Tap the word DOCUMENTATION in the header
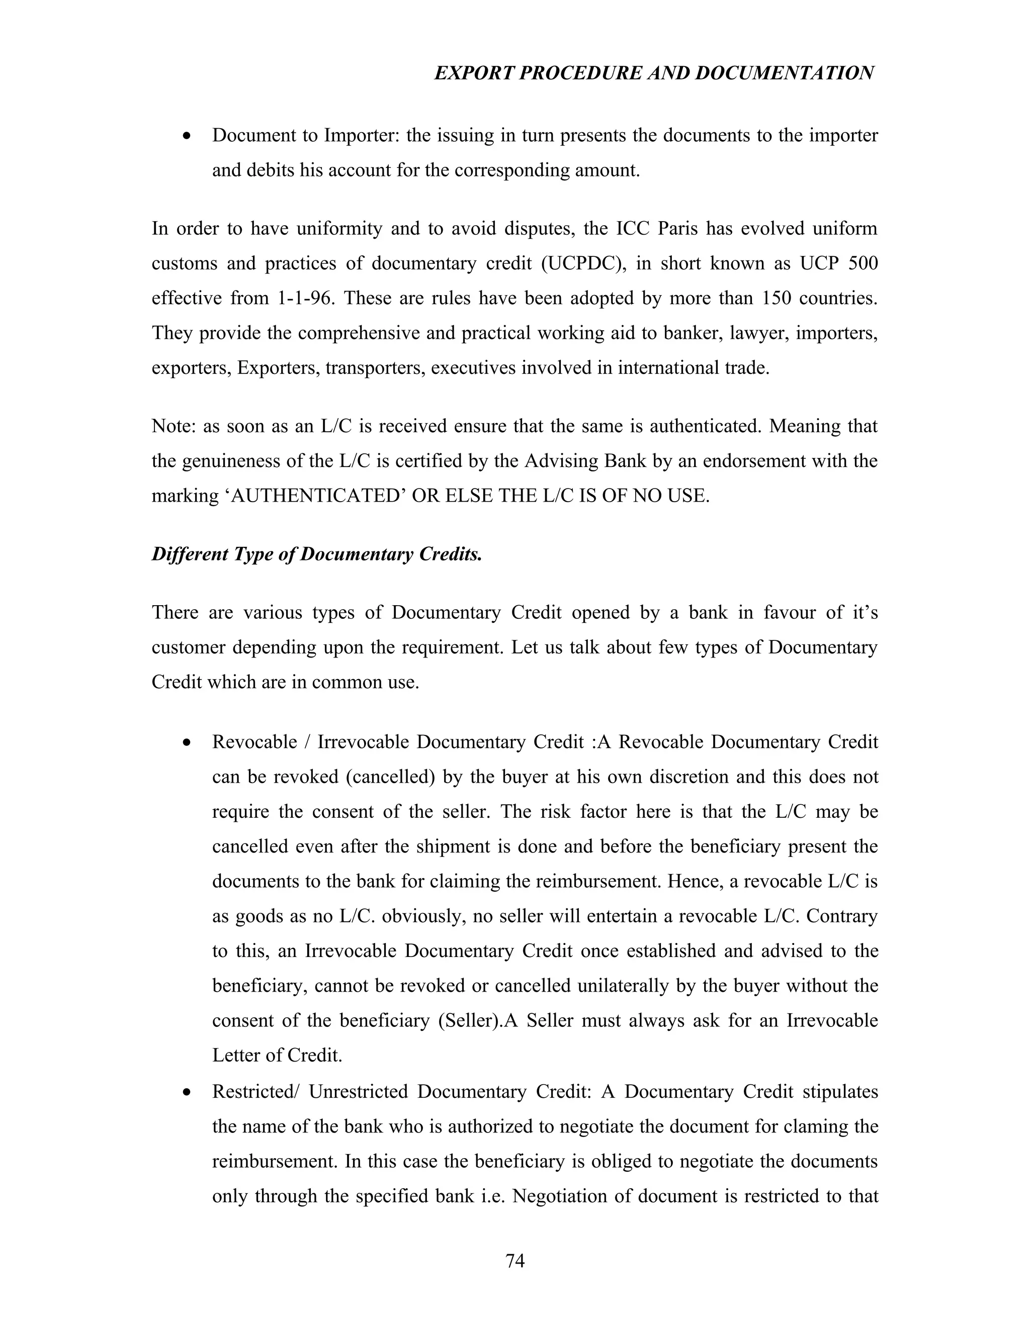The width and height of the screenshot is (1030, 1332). tap(784, 73)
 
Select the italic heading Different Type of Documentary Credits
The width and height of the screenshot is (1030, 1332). tap(317, 554)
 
